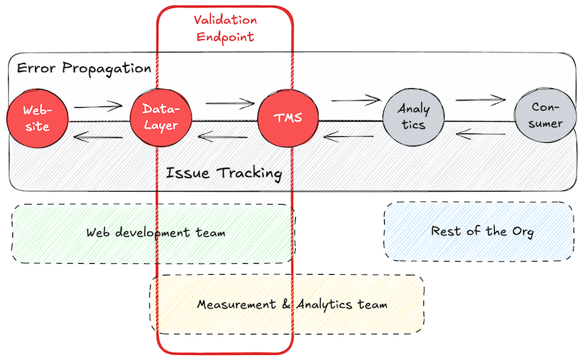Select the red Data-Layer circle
pyautogui.click(x=160, y=117)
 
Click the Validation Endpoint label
pyautogui.click(x=224, y=27)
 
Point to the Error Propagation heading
pyautogui.click(x=84, y=69)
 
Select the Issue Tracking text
pyautogui.click(x=224, y=173)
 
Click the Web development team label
pyautogui.click(x=155, y=232)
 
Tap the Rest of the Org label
pyautogui.click(x=482, y=232)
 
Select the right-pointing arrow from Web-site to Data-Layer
pyautogui.click(x=98, y=106)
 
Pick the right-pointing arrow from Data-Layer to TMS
pyautogui.click(x=229, y=104)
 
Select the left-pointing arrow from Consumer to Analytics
pyautogui.click(x=481, y=133)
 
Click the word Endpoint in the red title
pyautogui.click(x=224, y=36)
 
